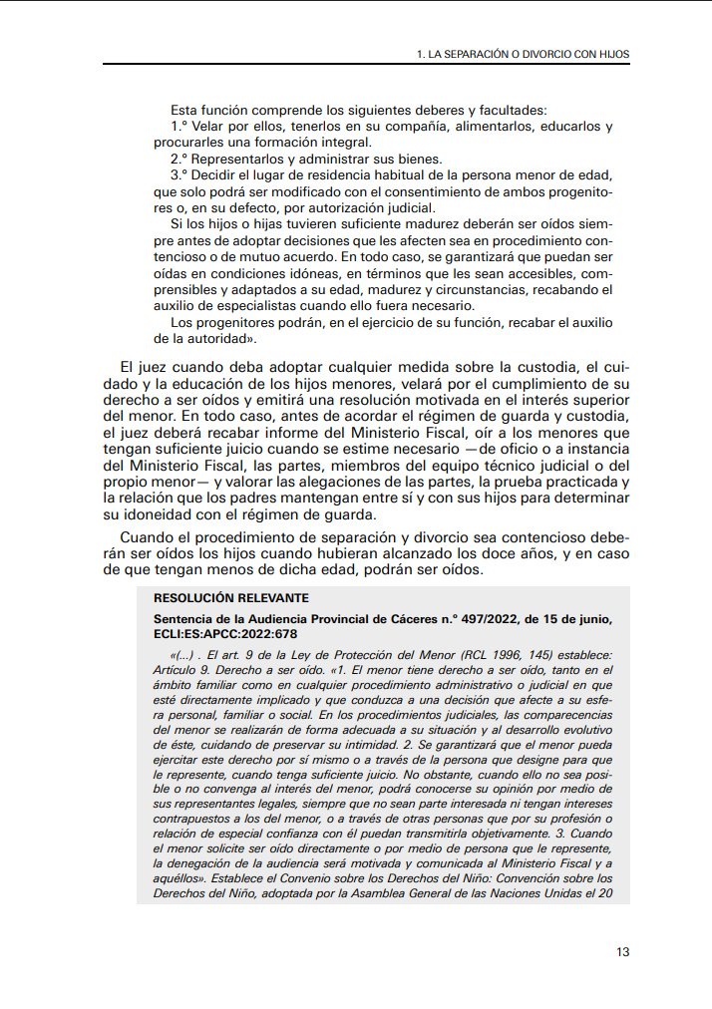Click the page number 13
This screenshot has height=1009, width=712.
pyautogui.click(x=622, y=951)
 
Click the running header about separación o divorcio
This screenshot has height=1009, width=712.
pyautogui.click(x=523, y=53)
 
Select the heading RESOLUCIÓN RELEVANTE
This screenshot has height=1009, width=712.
pyautogui.click(x=232, y=598)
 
